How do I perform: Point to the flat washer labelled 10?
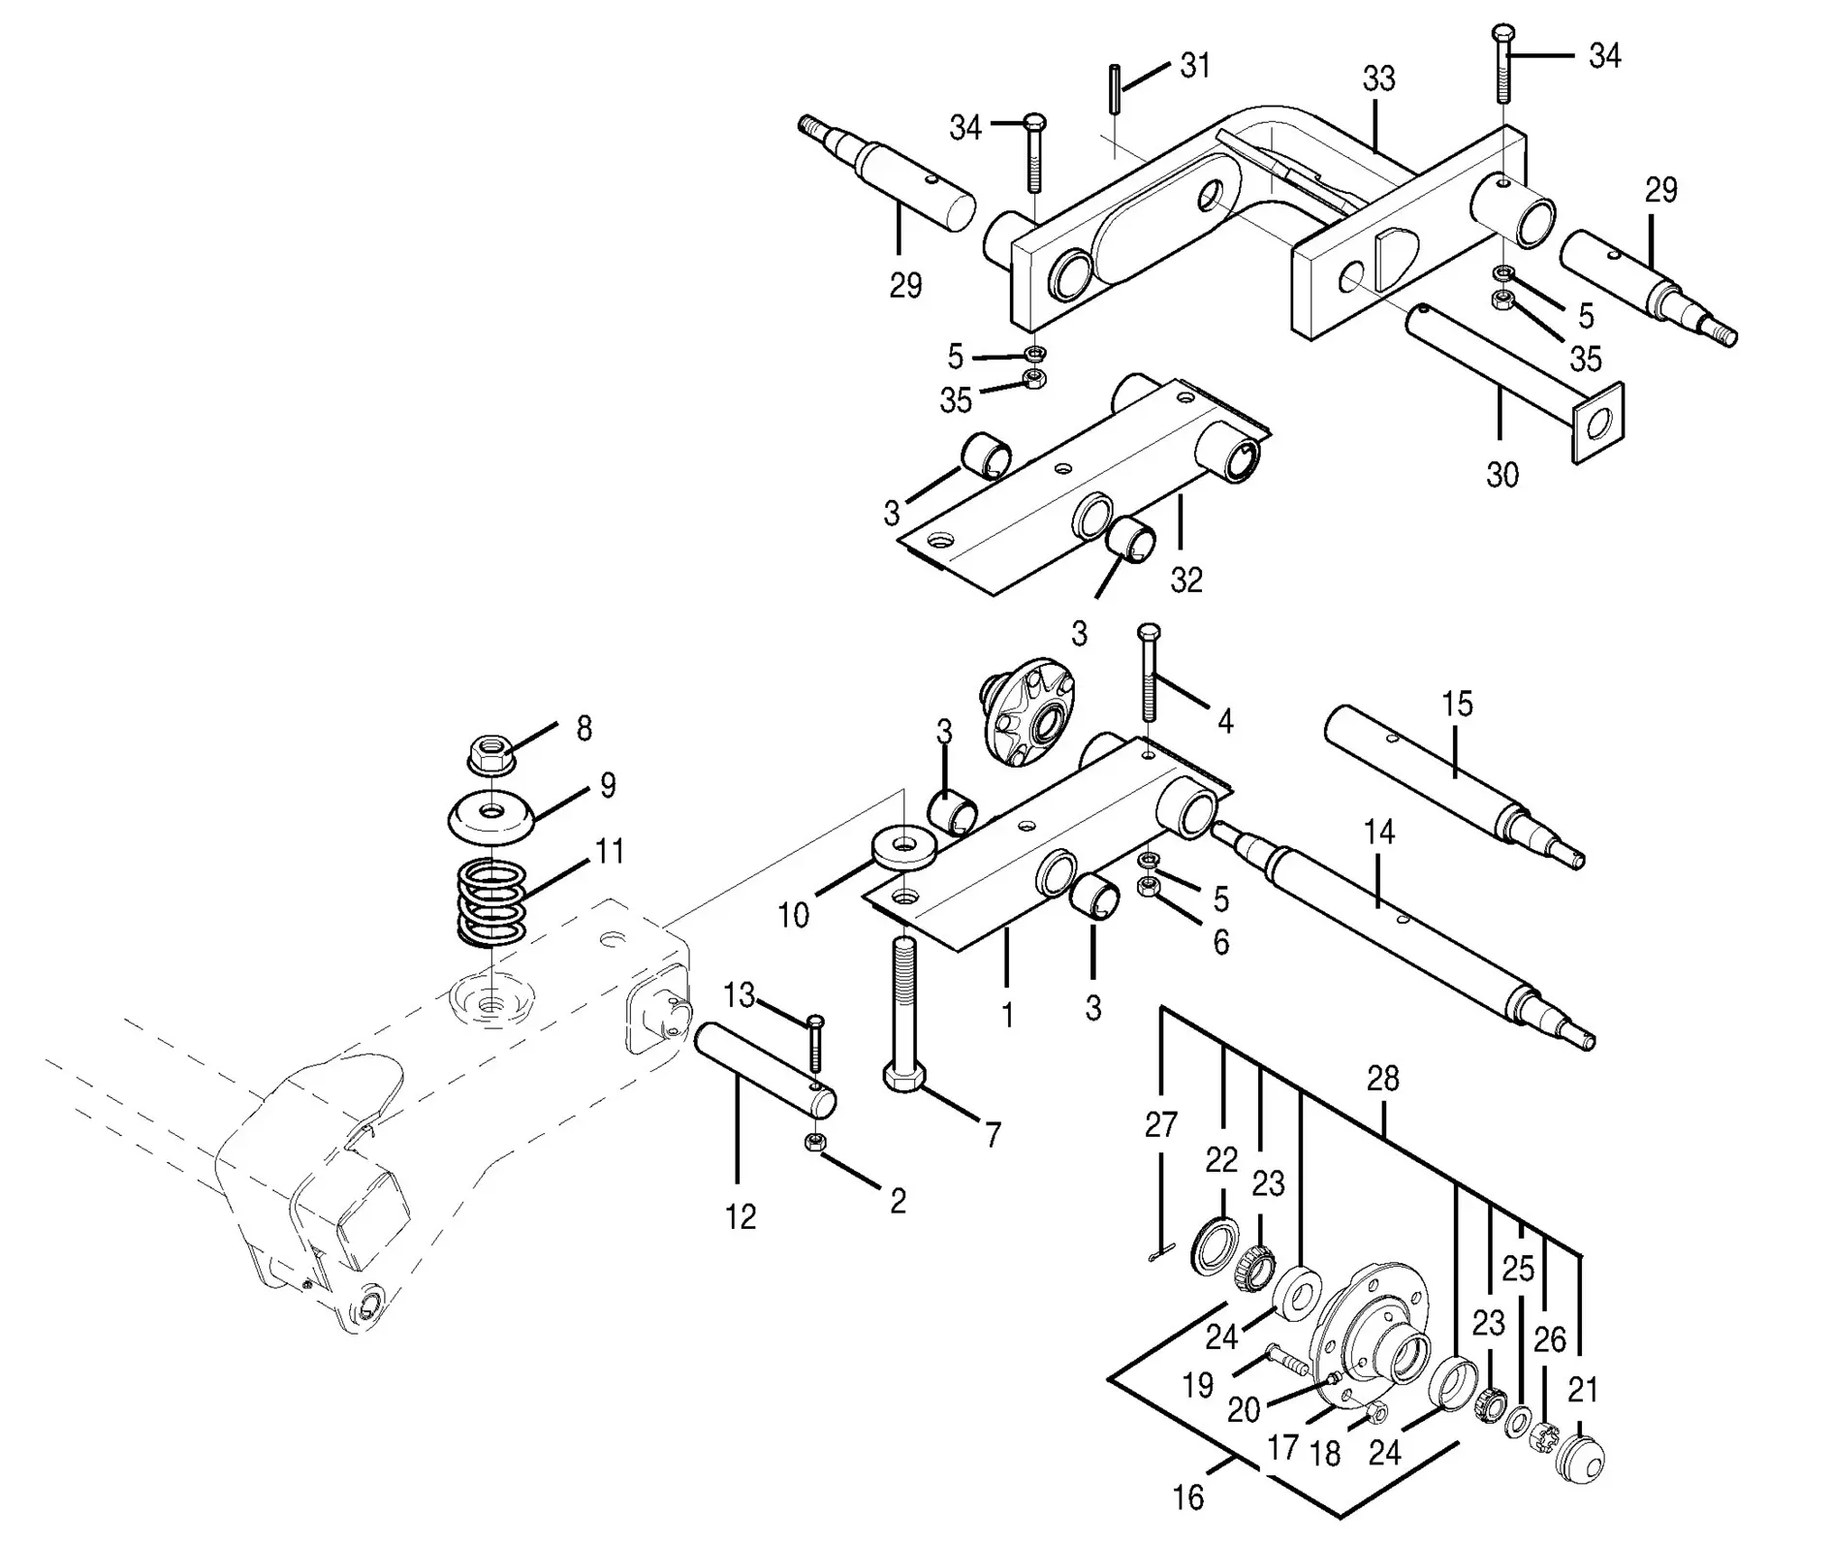click(903, 848)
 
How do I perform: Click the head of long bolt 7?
click(905, 1077)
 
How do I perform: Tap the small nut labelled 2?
click(814, 1144)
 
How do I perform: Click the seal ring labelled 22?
click(1216, 1244)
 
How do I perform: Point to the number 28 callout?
click(1383, 1079)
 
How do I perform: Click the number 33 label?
click(1378, 79)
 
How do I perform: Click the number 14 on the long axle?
click(1378, 833)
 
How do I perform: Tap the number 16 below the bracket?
click(1187, 1498)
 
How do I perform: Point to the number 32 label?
click(1186, 580)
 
